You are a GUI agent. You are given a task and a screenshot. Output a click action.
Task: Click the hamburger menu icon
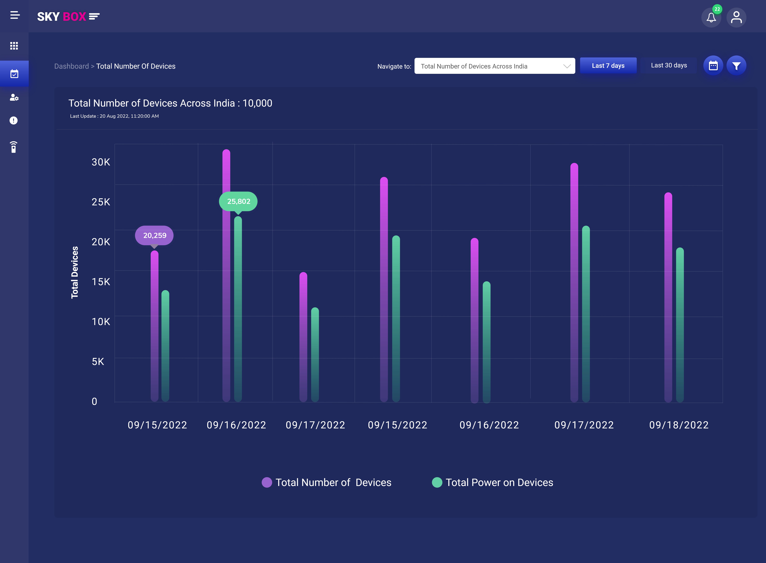pyautogui.click(x=15, y=15)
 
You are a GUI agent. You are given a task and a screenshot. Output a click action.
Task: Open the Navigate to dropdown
pyautogui.click(x=494, y=66)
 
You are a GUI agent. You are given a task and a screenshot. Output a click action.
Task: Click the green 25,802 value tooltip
pyautogui.click(x=238, y=201)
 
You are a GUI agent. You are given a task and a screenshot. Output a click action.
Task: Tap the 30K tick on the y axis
pyautogui.click(x=101, y=162)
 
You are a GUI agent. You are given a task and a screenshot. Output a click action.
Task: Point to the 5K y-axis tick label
pyautogui.click(x=98, y=362)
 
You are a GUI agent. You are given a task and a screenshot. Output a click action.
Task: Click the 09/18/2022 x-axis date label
pyautogui.click(x=679, y=425)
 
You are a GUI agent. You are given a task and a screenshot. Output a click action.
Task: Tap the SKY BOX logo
pyautogui.click(x=68, y=16)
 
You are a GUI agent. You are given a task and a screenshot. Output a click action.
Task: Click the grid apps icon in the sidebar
pyautogui.click(x=14, y=46)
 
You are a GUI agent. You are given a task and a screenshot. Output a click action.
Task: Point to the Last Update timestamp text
pyautogui.click(x=115, y=116)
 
